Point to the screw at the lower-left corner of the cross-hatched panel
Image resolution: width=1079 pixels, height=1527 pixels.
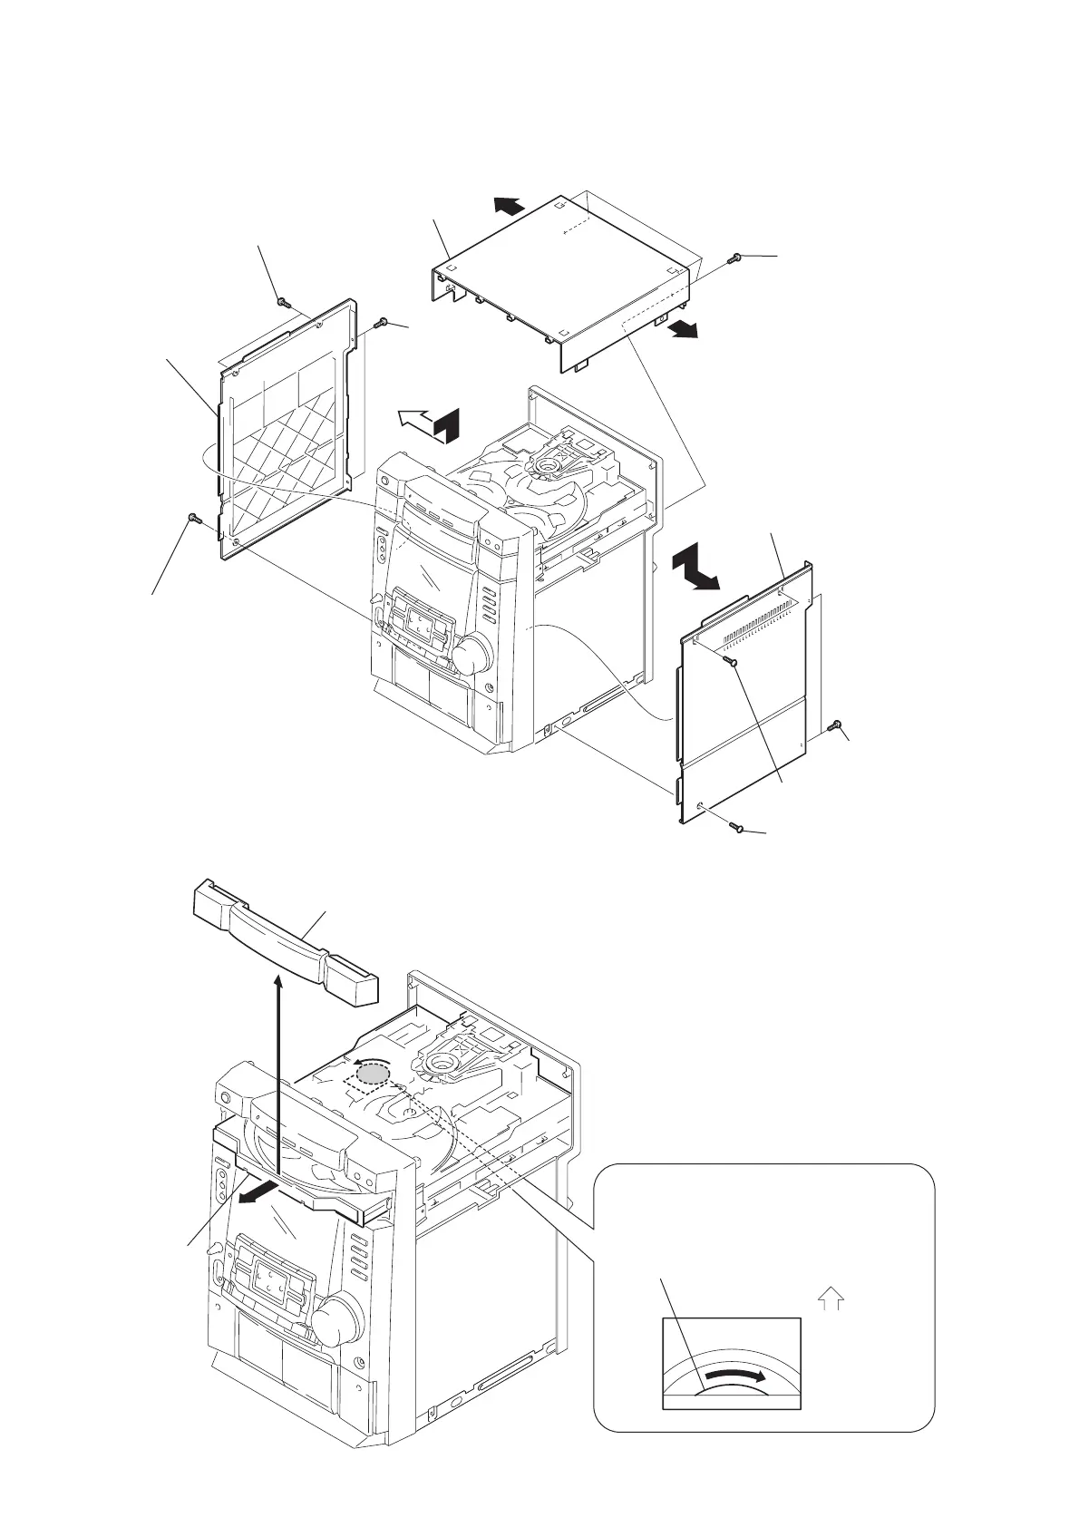(193, 518)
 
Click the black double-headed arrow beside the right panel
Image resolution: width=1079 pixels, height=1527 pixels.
(695, 569)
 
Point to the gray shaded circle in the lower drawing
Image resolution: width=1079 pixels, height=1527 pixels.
(373, 1075)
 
